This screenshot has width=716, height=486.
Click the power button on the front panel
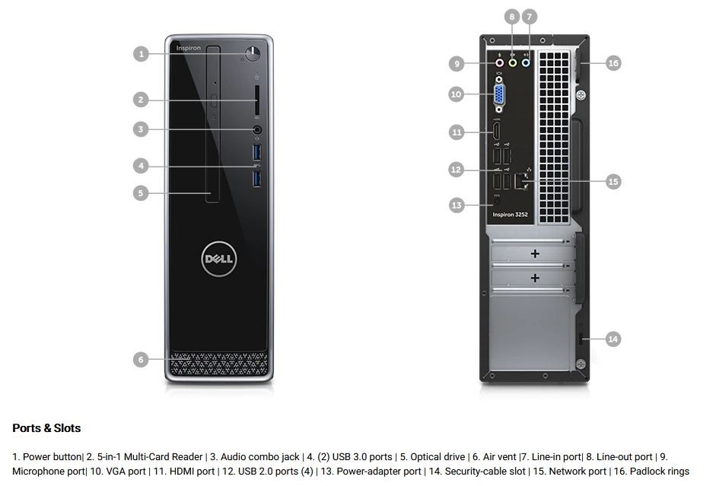(x=253, y=53)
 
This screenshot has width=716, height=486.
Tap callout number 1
(x=140, y=53)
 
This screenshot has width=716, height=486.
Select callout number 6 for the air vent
(x=140, y=360)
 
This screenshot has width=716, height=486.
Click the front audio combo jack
(x=257, y=130)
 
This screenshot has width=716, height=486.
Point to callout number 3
(x=140, y=129)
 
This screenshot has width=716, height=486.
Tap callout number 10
(x=456, y=94)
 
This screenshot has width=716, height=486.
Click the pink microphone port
(x=499, y=64)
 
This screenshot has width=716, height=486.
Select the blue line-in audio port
(x=526, y=64)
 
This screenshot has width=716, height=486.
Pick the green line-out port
(x=513, y=64)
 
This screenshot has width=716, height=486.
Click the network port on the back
(x=522, y=181)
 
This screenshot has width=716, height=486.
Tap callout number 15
(x=613, y=181)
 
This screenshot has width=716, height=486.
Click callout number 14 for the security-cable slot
(x=613, y=339)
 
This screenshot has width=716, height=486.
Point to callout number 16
(x=613, y=63)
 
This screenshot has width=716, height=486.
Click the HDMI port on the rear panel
(x=497, y=132)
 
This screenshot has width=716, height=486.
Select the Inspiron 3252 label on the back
(x=510, y=214)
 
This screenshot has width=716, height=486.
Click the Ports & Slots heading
(x=46, y=428)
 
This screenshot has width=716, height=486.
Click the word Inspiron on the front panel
(x=189, y=48)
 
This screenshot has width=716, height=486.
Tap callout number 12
(x=456, y=170)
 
